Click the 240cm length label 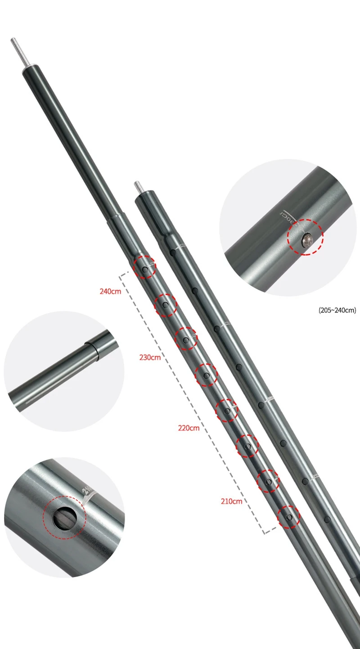(x=110, y=291)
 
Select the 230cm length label (x=150, y=358)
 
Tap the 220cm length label (x=189, y=428)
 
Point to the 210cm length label (x=232, y=501)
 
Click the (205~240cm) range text (x=337, y=310)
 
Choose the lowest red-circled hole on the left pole (x=289, y=517)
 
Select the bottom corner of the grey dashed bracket (x=265, y=533)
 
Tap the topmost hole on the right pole (x=172, y=253)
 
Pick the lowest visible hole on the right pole (x=327, y=520)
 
